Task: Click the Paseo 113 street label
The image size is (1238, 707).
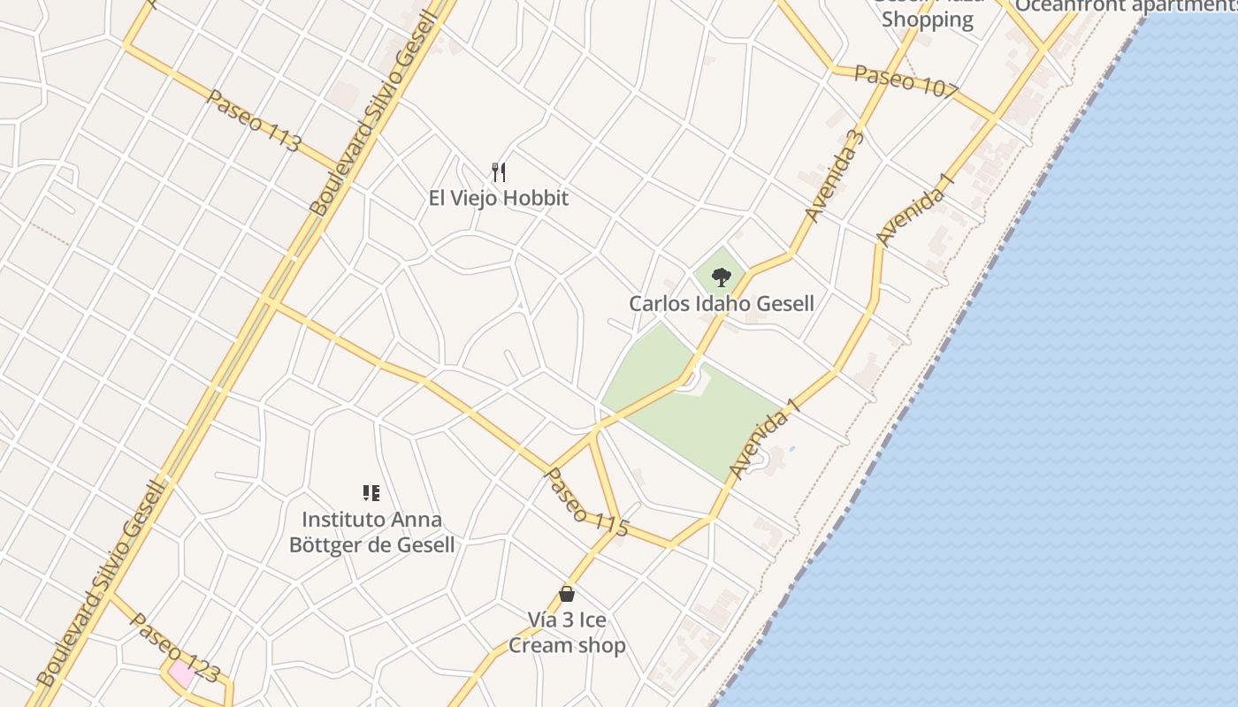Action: [253, 121]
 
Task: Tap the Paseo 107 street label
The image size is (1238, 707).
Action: [906, 82]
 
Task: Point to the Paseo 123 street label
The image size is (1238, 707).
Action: [174, 648]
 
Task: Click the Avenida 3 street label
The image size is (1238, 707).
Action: [834, 176]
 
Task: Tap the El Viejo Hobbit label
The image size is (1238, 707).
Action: [498, 198]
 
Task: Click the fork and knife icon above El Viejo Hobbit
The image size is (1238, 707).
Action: [499, 171]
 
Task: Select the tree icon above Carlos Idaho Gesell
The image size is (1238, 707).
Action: [722, 277]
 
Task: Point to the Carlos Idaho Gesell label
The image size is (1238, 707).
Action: [722, 304]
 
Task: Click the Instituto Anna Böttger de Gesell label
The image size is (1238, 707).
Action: [371, 532]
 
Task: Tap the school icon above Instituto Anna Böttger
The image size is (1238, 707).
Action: [371, 493]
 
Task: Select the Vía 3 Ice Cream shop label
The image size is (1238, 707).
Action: [567, 633]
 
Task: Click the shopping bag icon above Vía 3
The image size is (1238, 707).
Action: [567, 594]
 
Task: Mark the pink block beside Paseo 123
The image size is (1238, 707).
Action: [182, 673]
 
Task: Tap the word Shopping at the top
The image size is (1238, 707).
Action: [927, 19]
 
